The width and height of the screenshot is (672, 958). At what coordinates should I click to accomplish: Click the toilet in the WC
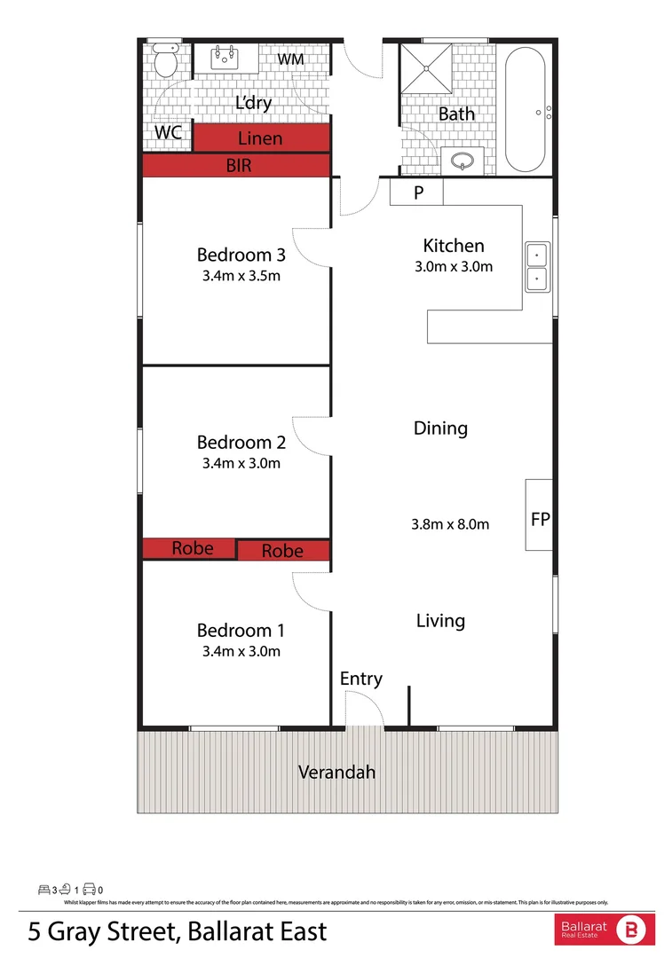click(x=165, y=59)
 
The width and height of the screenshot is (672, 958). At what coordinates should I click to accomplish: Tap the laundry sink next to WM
click(x=225, y=59)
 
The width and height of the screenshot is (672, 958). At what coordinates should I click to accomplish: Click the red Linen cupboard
click(x=261, y=138)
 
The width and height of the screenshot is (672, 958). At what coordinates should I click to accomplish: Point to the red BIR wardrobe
click(x=238, y=166)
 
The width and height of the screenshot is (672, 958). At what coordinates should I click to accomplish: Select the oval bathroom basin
click(x=462, y=161)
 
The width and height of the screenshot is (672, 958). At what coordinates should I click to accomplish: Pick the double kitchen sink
click(x=537, y=268)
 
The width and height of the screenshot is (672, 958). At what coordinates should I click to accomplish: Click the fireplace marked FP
click(x=540, y=519)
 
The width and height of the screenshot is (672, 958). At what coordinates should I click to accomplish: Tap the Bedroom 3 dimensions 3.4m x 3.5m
click(x=241, y=275)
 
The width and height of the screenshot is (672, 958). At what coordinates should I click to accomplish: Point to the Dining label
click(x=440, y=428)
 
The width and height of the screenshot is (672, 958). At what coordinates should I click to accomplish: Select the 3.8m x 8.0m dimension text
click(x=450, y=524)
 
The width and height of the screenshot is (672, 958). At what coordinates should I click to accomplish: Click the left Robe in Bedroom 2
click(x=192, y=548)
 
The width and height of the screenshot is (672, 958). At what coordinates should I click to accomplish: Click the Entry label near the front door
click(x=361, y=679)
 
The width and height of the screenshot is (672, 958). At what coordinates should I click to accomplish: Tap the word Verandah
click(x=336, y=772)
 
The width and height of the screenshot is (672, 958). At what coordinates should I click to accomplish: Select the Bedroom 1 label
click(x=241, y=631)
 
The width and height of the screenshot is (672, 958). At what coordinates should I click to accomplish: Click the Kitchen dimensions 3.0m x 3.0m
click(x=454, y=266)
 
